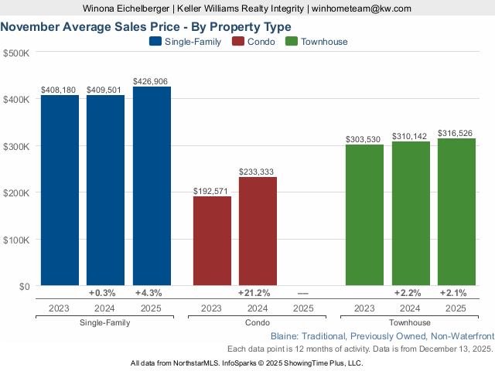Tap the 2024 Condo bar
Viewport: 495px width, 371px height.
258,231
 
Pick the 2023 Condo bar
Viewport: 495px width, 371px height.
212,241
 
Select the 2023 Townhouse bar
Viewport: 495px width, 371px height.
364,215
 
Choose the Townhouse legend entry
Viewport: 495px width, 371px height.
316,42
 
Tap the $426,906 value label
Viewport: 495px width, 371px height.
152,80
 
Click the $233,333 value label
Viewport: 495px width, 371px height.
258,172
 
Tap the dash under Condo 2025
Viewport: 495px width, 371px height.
303,293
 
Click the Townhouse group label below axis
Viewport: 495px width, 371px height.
410,322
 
